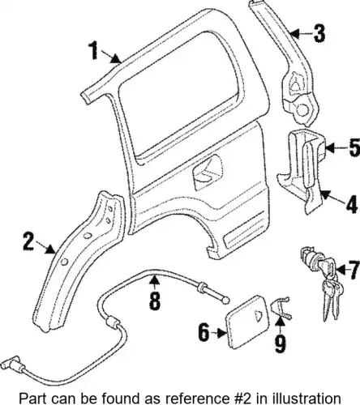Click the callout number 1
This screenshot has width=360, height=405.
(x=93, y=50)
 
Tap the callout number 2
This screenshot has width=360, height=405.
(x=28, y=241)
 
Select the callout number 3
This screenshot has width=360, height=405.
(x=319, y=33)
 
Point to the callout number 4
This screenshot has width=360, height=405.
(x=351, y=204)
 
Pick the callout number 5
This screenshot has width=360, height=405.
(x=354, y=147)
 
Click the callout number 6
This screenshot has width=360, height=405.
(x=204, y=332)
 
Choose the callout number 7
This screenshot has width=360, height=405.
(x=354, y=270)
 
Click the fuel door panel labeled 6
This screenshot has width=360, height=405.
(x=246, y=322)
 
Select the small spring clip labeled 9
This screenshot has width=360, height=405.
(x=281, y=308)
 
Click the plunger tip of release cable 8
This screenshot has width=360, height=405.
(x=226, y=301)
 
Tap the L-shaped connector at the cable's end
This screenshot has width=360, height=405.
(x=11, y=363)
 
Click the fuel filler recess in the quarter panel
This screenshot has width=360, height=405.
(x=207, y=172)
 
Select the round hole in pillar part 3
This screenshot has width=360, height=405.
(x=302, y=110)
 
